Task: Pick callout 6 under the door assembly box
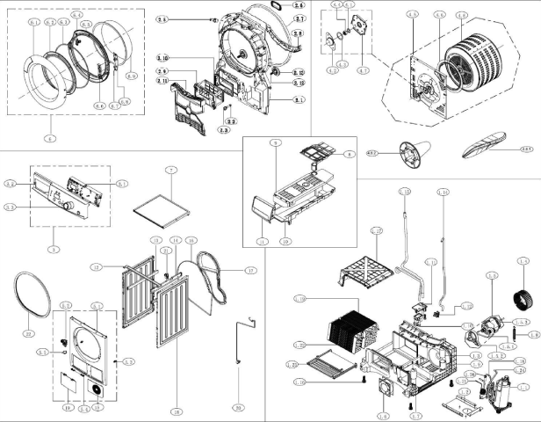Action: click(x=51, y=139)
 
